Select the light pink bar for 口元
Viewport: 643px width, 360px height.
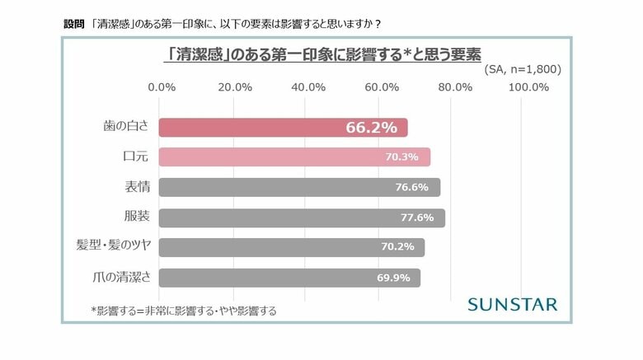(293, 157)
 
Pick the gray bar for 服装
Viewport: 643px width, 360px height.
(301, 217)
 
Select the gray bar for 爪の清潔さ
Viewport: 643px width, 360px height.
(289, 278)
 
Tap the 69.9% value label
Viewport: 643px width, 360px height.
(394, 278)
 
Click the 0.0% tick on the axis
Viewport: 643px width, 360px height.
(161, 87)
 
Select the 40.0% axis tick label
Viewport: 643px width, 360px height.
(308, 87)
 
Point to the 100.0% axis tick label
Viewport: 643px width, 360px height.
(529, 87)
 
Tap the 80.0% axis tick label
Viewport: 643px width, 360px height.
(455, 87)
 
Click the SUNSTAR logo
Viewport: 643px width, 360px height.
(512, 304)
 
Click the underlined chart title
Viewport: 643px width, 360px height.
(322, 54)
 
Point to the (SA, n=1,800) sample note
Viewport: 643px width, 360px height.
(522, 69)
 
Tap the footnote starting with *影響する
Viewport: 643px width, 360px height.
(183, 311)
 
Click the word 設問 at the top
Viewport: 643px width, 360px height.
(73, 23)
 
